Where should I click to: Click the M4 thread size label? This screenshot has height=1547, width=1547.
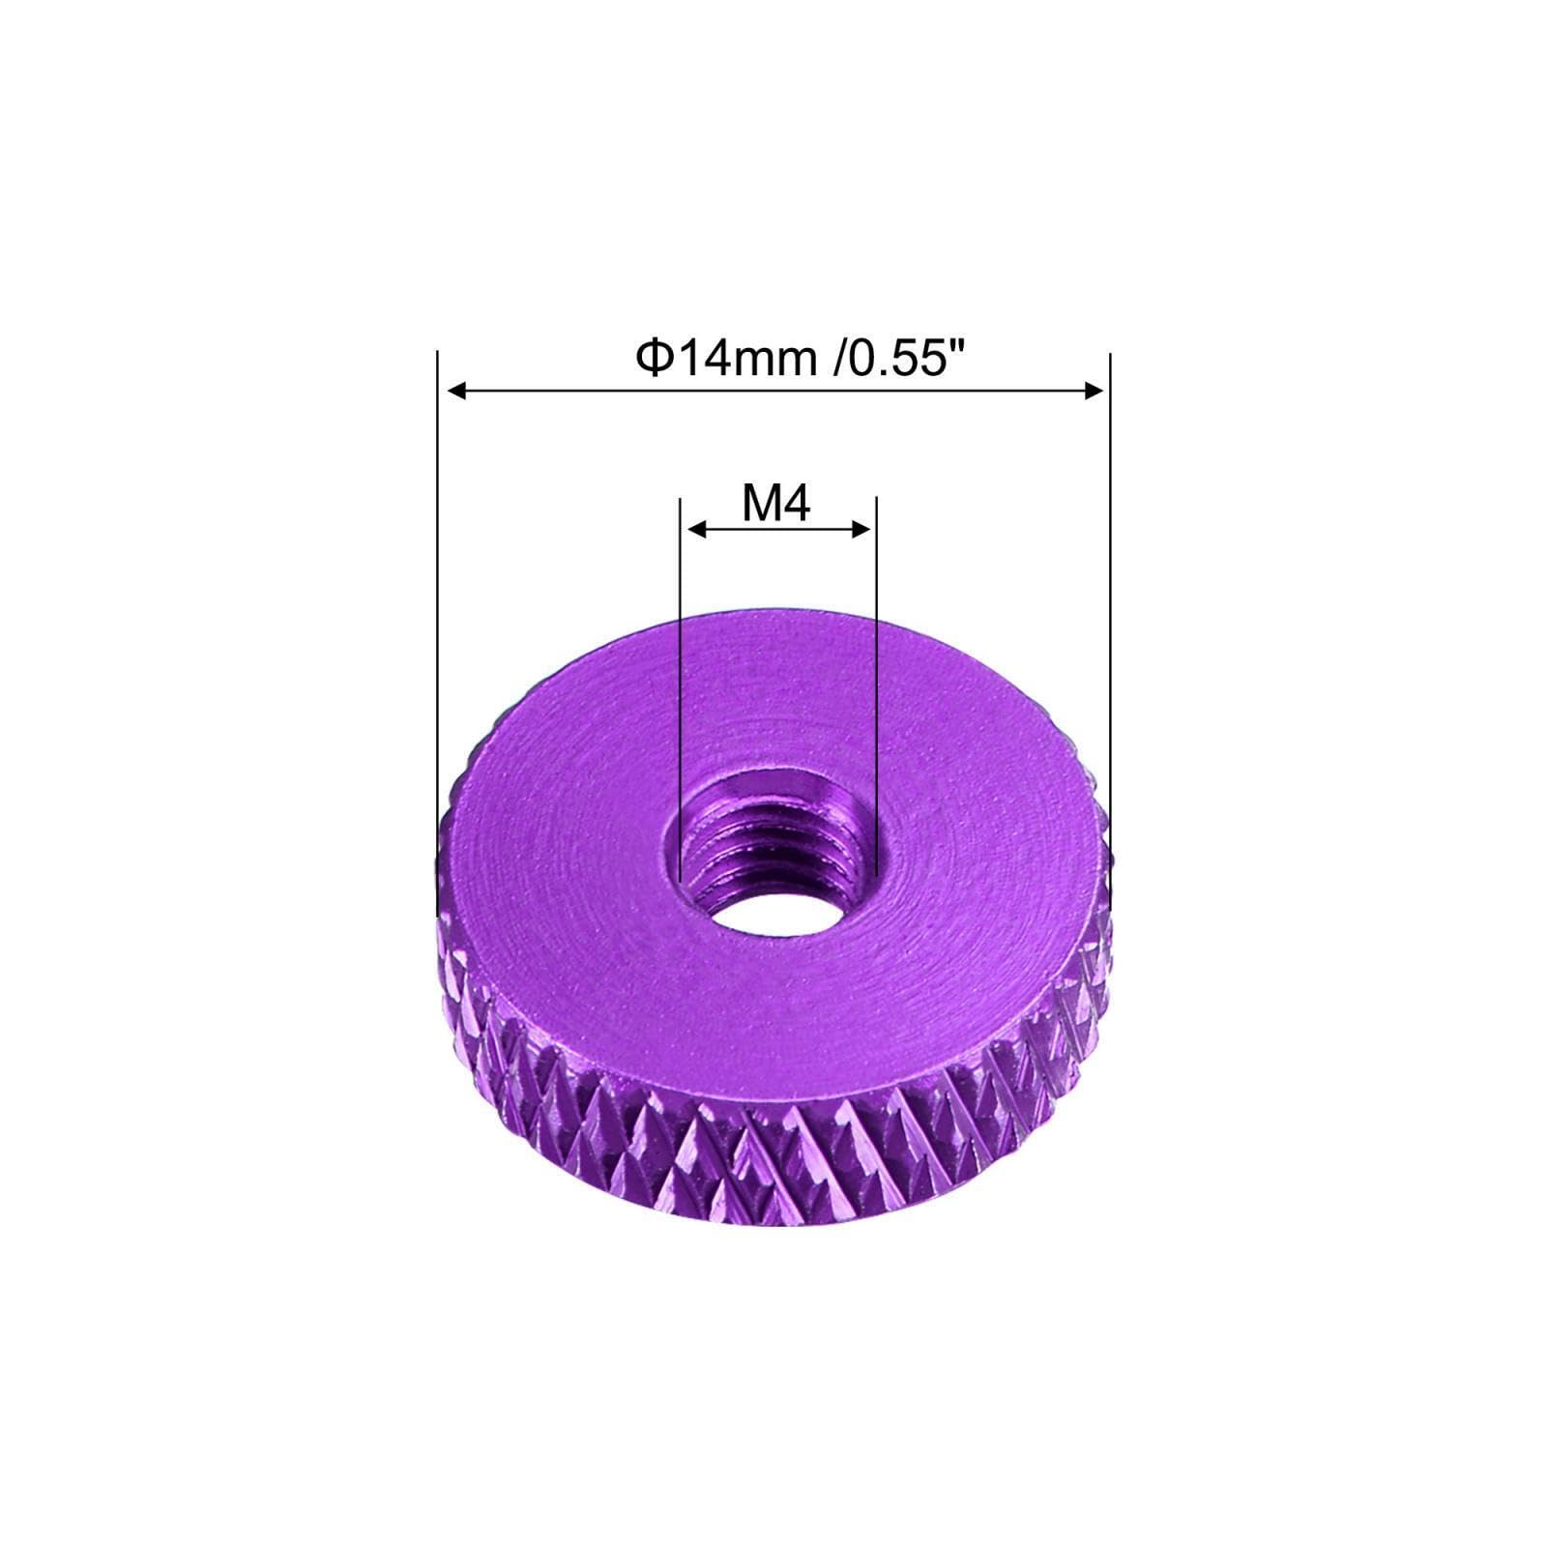coord(775,504)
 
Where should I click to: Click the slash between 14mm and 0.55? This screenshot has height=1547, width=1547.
coord(837,360)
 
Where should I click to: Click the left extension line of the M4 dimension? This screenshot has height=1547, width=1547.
coord(681,677)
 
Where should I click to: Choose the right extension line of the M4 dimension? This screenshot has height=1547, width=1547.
coord(876,677)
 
